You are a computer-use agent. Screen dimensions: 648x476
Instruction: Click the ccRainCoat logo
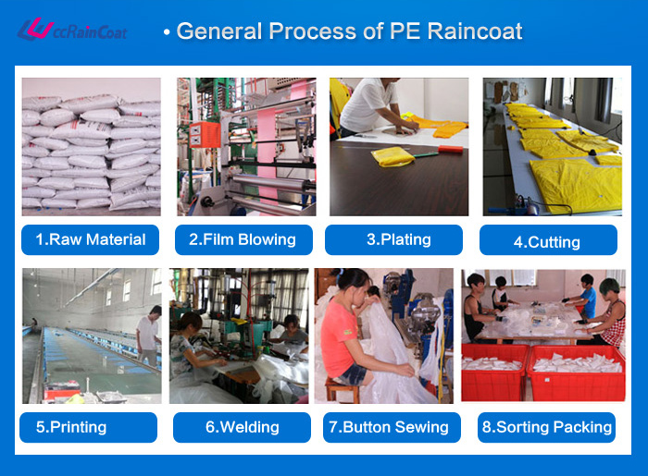(x=72, y=30)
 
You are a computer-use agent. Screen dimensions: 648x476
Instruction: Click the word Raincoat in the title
(x=474, y=31)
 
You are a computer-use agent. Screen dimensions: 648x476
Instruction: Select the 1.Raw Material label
(x=90, y=239)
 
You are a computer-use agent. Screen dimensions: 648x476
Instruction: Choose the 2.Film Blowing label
(x=243, y=239)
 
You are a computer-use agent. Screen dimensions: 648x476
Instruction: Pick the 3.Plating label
(x=393, y=239)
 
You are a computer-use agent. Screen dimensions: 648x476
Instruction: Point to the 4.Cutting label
(x=548, y=240)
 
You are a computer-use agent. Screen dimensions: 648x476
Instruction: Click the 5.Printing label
(x=89, y=427)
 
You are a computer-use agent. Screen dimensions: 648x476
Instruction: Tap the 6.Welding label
(x=242, y=427)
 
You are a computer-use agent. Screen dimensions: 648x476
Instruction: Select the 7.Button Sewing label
(x=392, y=427)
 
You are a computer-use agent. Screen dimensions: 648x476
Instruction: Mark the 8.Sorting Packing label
(x=546, y=427)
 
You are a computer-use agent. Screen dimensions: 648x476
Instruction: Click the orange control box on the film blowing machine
(x=205, y=134)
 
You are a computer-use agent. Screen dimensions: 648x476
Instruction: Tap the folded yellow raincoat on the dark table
(x=392, y=157)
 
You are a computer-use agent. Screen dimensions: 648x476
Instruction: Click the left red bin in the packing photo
(x=493, y=372)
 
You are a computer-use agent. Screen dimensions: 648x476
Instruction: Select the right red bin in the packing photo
(x=578, y=373)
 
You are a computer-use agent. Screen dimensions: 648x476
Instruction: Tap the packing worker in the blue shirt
(x=586, y=296)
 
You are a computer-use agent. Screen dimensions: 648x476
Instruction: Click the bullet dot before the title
(x=167, y=32)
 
